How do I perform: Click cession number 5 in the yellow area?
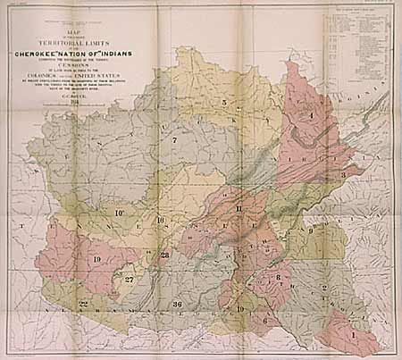click(x=224, y=103)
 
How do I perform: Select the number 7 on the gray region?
click(x=175, y=139)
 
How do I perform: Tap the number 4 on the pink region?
click(x=311, y=115)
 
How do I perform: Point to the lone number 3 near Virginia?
click(x=343, y=176)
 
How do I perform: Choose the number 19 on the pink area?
click(x=96, y=259)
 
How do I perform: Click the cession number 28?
click(x=164, y=255)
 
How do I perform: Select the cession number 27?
click(x=130, y=280)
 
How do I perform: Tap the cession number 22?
click(x=83, y=305)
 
